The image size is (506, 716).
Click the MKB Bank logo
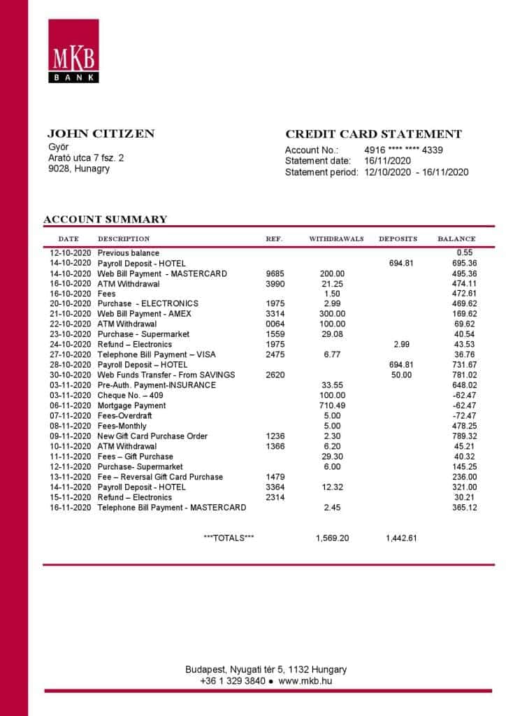[73, 51]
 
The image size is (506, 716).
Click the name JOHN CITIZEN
[101, 134]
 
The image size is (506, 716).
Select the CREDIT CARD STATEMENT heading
[373, 134]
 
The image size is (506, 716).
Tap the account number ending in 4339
[403, 150]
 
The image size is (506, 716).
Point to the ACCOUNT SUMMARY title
[106, 220]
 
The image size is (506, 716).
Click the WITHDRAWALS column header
[336, 239]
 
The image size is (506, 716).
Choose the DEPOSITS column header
[398, 239]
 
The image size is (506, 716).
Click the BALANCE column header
[456, 239]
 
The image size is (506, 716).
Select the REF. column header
[274, 239]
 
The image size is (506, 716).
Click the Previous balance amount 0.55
[465, 253]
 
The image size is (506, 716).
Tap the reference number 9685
[275, 273]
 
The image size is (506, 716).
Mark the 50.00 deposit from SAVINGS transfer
[401, 375]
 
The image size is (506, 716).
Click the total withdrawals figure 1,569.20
[332, 538]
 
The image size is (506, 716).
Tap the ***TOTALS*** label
[229, 538]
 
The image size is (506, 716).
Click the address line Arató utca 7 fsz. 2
[85, 158]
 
